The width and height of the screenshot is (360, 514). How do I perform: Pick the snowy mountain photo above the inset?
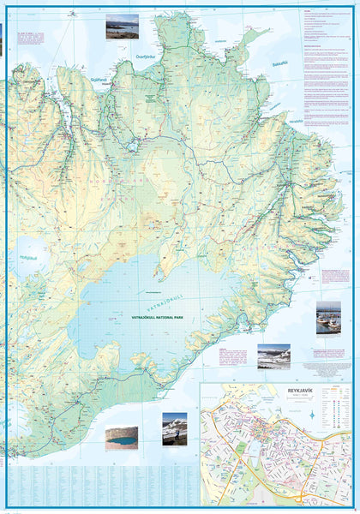[x=273, y=356]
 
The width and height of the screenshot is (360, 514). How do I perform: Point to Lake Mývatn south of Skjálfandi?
[x=134, y=146]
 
